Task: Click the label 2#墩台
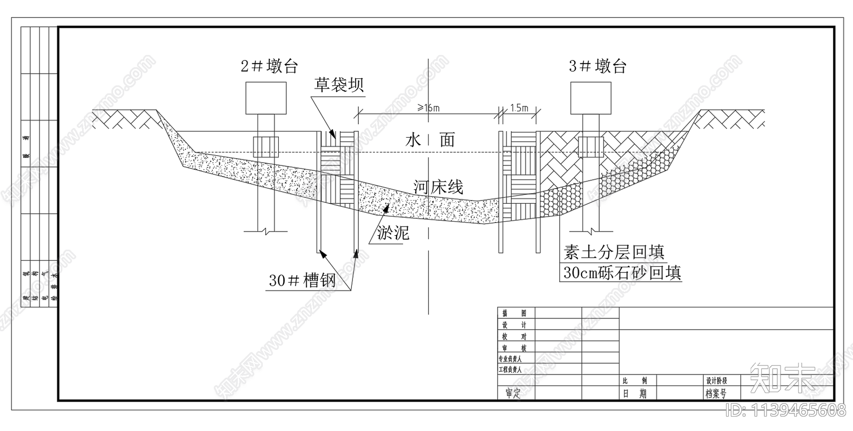[x=269, y=67]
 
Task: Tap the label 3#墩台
[x=597, y=67]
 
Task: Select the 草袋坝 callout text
[x=339, y=84]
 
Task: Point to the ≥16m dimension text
[x=429, y=108]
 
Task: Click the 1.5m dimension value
[x=519, y=108]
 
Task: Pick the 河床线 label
[x=438, y=187]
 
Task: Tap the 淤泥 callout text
[x=393, y=233]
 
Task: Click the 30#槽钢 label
[x=302, y=281]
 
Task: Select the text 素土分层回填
[x=614, y=252]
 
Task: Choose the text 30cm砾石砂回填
[x=622, y=273]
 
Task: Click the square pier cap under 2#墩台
[x=266, y=98]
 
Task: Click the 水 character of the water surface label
[x=414, y=140]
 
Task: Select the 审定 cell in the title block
[x=513, y=394]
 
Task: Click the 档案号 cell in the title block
[x=716, y=394]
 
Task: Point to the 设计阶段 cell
[x=716, y=381]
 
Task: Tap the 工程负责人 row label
[x=510, y=369]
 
